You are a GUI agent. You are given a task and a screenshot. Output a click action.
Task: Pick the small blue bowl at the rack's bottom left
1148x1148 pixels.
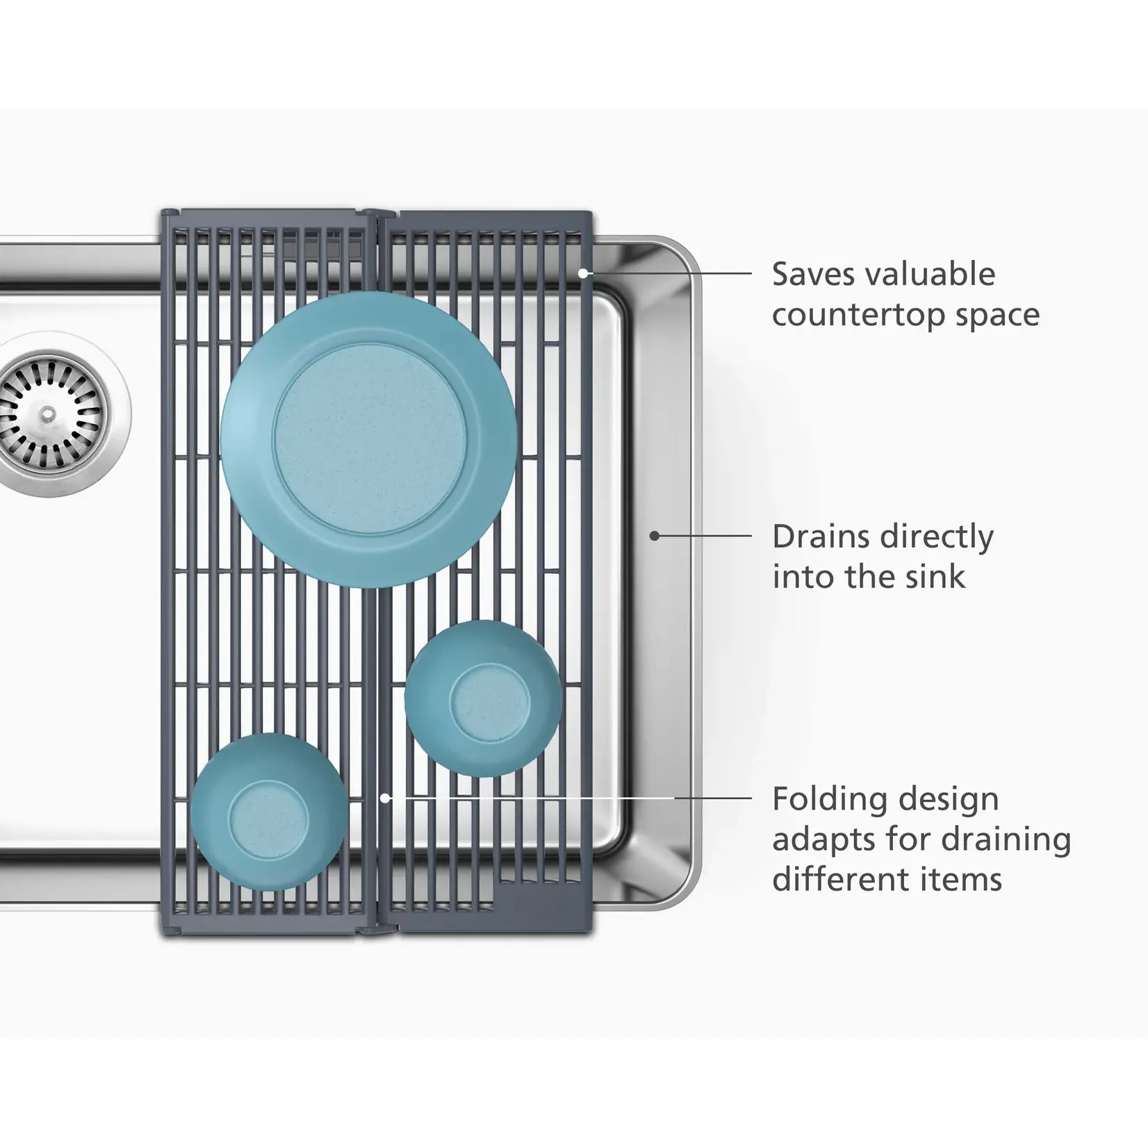point(269,812)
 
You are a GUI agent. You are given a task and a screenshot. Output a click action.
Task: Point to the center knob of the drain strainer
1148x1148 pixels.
point(48,415)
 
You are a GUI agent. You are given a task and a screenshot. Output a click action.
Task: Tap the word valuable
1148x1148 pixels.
point(930,274)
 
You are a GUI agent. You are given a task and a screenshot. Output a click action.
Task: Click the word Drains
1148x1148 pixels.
point(819,536)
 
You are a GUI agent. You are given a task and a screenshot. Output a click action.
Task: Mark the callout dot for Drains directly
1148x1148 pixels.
point(654,536)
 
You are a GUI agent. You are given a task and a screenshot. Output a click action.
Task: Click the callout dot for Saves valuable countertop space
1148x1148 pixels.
point(583,274)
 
